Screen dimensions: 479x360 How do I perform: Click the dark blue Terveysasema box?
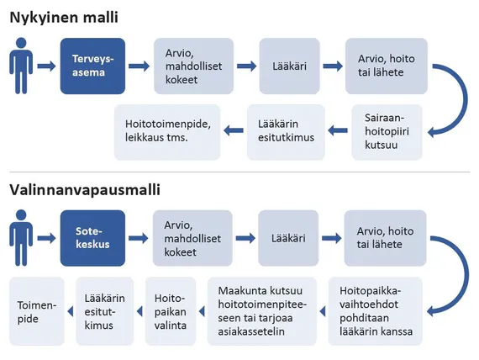pos(92,66)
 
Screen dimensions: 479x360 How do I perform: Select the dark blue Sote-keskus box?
pos(92,238)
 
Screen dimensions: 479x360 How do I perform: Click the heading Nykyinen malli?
pos(64,18)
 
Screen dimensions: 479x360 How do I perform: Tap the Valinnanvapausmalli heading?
pos(85,189)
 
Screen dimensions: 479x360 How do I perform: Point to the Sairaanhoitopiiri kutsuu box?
pos(387,132)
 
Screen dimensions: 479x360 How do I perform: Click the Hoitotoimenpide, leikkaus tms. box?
pos(167,132)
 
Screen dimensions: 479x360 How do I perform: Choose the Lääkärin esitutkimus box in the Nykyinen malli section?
pos(286,132)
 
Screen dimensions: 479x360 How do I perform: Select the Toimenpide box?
pos(37,311)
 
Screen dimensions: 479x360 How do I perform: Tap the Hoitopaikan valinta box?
pos(171,311)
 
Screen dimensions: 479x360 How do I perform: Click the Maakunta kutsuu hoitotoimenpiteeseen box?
pos(262,311)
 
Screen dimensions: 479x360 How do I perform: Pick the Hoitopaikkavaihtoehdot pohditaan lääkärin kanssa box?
pos(376,311)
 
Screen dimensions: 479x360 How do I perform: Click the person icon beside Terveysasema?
pos(21,66)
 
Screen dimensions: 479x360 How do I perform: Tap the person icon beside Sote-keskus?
pos(21,238)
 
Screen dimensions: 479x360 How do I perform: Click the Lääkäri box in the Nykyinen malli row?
pos(290,66)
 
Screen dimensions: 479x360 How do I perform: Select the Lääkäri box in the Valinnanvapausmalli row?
pos(288,238)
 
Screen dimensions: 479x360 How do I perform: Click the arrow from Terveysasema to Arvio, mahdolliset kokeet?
pos(139,66)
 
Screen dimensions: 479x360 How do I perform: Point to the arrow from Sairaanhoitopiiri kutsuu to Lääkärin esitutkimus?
pos(338,130)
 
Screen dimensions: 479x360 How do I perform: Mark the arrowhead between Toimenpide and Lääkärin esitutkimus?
pos(71,312)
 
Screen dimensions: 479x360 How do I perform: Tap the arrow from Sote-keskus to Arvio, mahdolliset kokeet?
pos(139,238)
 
